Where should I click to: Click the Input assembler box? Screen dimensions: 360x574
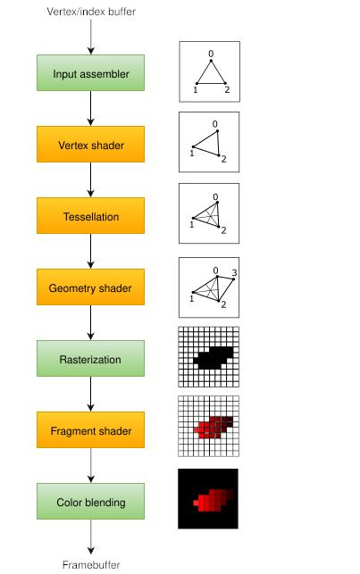(x=90, y=73)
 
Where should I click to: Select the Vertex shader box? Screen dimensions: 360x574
(x=90, y=145)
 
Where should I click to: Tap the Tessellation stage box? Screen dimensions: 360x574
(x=90, y=216)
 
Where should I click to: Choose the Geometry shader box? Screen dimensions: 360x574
(x=90, y=287)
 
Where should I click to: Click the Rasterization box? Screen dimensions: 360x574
(x=90, y=358)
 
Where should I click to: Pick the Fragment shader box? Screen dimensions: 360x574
(x=90, y=429)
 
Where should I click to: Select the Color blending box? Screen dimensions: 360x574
(x=90, y=501)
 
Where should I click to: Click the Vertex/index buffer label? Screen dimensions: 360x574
(x=91, y=12)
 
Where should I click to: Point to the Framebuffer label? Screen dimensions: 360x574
(x=91, y=565)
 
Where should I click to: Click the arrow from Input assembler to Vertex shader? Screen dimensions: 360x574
(x=91, y=108)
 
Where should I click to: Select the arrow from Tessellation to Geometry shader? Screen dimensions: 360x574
(x=91, y=251)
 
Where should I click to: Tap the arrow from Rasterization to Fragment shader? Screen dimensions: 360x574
(x=91, y=394)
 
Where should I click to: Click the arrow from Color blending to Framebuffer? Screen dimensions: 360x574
(x=91, y=537)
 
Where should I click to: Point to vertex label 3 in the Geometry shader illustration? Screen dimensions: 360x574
(x=234, y=272)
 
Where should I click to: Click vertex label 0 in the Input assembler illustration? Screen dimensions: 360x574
(x=211, y=54)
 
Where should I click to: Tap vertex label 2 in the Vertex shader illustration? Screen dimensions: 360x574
(x=223, y=159)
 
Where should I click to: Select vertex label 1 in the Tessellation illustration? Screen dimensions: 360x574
(x=191, y=224)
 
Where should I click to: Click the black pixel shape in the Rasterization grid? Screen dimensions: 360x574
(x=213, y=358)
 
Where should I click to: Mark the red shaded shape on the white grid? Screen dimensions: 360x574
(x=213, y=428)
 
